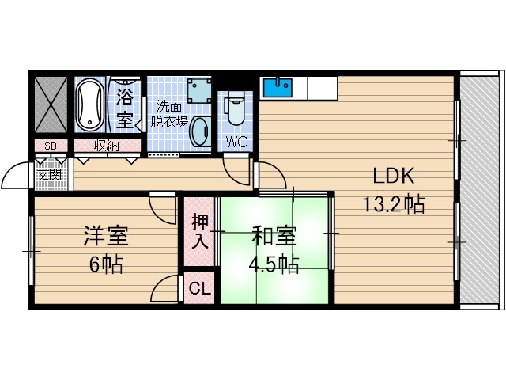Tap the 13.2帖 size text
pyautogui.click(x=393, y=205)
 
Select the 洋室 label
pyautogui.click(x=106, y=235)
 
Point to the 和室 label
pyautogui.click(x=274, y=235)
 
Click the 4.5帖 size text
pyautogui.click(x=274, y=264)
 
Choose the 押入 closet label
pyautogui.click(x=200, y=230)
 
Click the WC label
pyautogui.click(x=236, y=142)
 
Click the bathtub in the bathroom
pyautogui.click(x=90, y=106)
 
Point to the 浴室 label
pyautogui.click(x=125, y=108)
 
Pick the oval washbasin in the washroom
pyautogui.click(x=201, y=130)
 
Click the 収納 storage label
pyautogui.click(x=107, y=145)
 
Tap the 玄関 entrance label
pyautogui.click(x=50, y=175)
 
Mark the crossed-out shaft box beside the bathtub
pyautogui.click(x=51, y=105)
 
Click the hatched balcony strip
pyautogui.click(x=481, y=190)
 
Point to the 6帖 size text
pyautogui.click(x=106, y=264)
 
